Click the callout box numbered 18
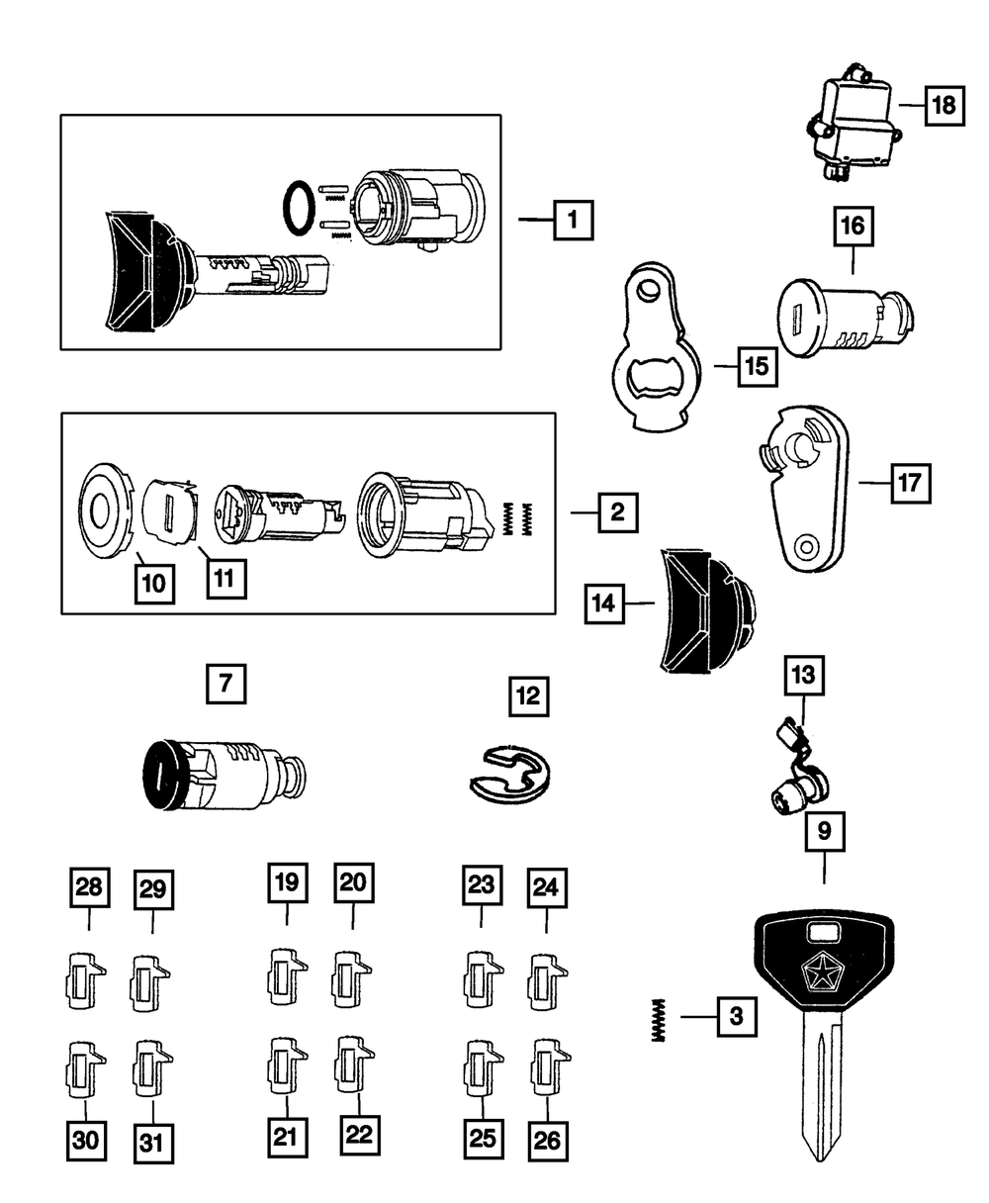(944, 106)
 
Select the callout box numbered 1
(574, 220)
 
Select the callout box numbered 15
(758, 366)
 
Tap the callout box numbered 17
(911, 483)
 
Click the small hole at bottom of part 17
(806, 546)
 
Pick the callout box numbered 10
(154, 584)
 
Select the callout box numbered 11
(226, 579)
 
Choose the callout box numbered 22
(360, 1135)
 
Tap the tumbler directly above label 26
(550, 1067)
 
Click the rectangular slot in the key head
(824, 933)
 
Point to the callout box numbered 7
(226, 684)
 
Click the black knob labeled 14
(707, 611)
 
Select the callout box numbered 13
(804, 675)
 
